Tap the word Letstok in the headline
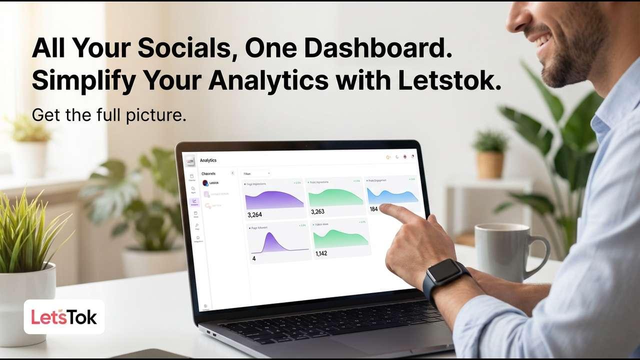[x=447, y=80]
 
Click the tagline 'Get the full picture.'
[x=109, y=115]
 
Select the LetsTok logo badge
[x=64, y=317]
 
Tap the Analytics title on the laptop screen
[x=208, y=160]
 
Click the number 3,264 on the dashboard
[x=254, y=215]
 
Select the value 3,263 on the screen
[x=317, y=211]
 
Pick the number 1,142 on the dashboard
[x=321, y=253]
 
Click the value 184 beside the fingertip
[x=373, y=209]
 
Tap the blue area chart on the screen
[x=392, y=195]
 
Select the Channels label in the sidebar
[x=208, y=174]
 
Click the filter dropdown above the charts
[x=256, y=174]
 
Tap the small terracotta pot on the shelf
[x=490, y=165]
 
